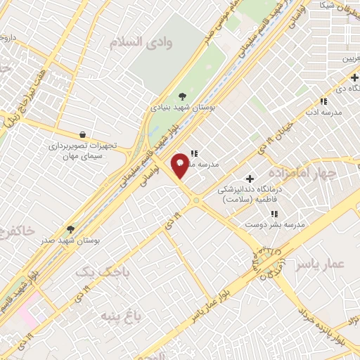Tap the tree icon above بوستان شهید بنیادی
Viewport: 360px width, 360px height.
pyautogui.click(x=183, y=96)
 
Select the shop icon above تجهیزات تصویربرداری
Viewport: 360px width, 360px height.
pyautogui.click(x=84, y=134)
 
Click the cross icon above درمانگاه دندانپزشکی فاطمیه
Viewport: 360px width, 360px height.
pyautogui.click(x=250, y=179)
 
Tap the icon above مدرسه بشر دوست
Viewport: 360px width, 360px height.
pyautogui.click(x=274, y=213)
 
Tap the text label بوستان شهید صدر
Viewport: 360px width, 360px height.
pyautogui.click(x=70, y=240)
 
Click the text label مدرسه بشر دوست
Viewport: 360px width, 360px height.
pyautogui.click(x=274, y=224)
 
